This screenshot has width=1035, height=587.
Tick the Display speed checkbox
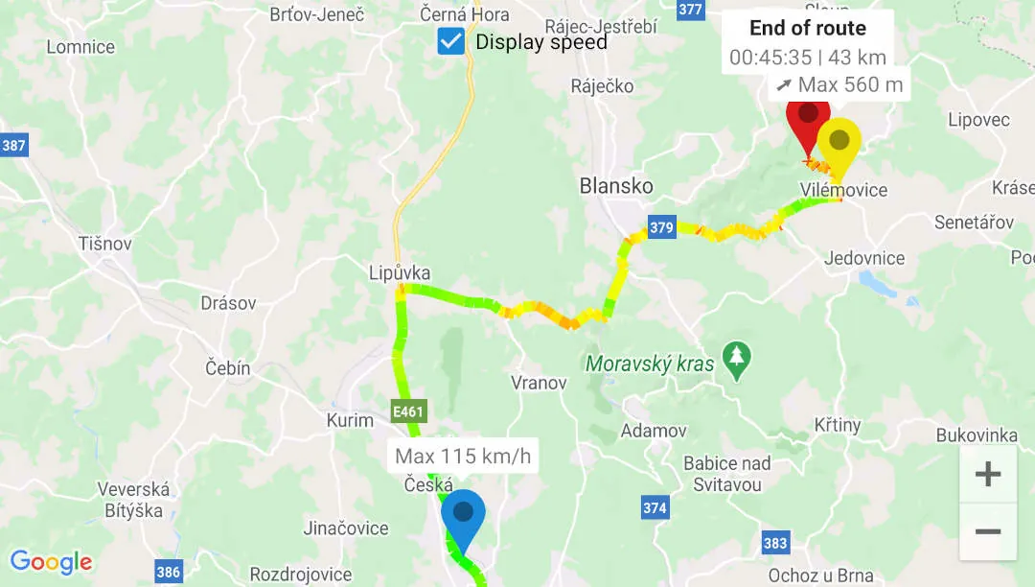pyautogui.click(x=451, y=41)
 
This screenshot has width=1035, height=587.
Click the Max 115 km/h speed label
pyautogui.click(x=463, y=456)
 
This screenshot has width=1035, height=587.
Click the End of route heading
pyautogui.click(x=808, y=28)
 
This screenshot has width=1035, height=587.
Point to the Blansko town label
pyautogui.click(x=616, y=186)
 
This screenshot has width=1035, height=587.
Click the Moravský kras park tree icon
pyautogui.click(x=736, y=362)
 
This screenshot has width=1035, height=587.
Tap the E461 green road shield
pyautogui.click(x=408, y=412)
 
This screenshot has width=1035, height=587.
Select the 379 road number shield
pyautogui.click(x=661, y=227)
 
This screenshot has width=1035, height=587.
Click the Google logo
pyautogui.click(x=51, y=562)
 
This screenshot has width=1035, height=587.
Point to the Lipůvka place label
pyautogui.click(x=400, y=272)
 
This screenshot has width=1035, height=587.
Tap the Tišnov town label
pyautogui.click(x=105, y=244)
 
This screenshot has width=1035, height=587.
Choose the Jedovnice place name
pyautogui.click(x=864, y=258)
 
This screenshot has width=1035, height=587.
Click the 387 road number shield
pyautogui.click(x=13, y=146)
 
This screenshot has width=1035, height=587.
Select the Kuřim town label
pyautogui.click(x=350, y=420)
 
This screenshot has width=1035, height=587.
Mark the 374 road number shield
pyautogui.click(x=655, y=508)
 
